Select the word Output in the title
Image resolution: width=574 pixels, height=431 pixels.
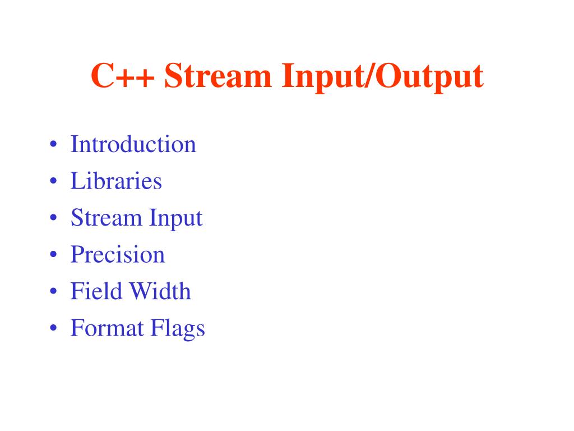(429, 76)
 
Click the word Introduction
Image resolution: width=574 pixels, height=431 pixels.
(133, 144)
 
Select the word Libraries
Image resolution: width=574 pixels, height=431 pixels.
(116, 181)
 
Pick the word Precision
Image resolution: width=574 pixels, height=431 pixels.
(118, 254)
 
